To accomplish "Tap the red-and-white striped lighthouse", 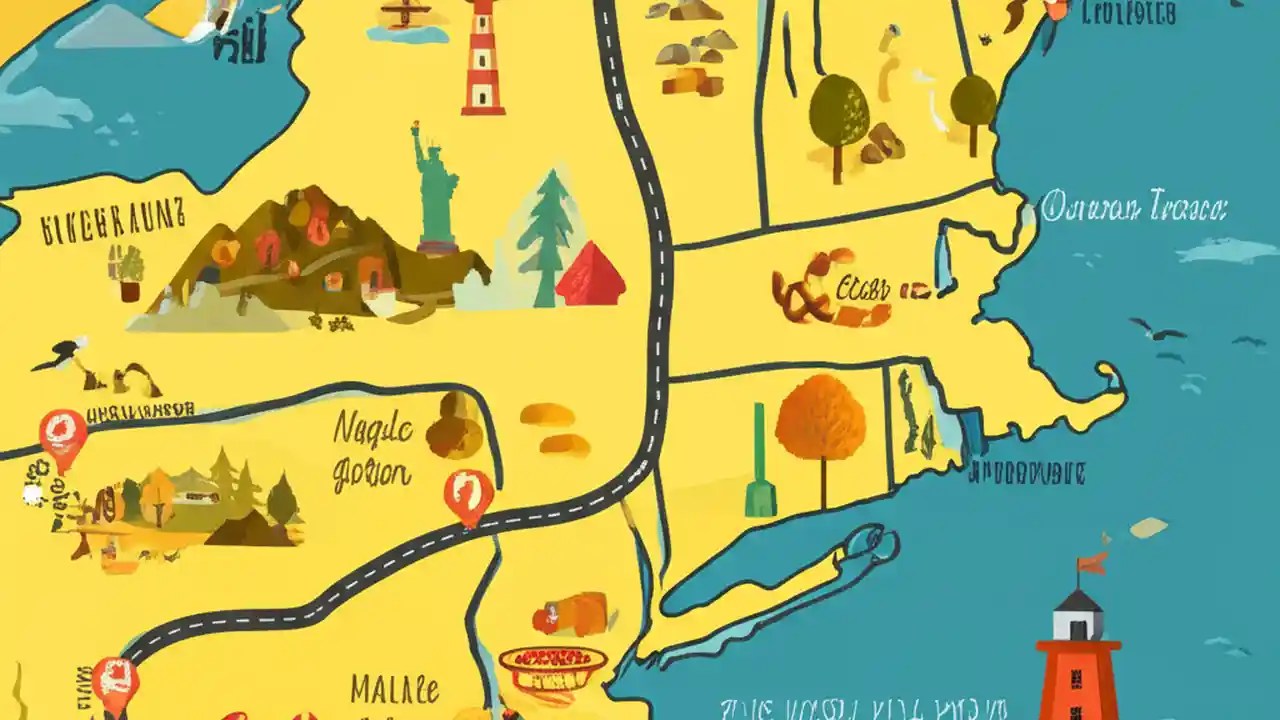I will pos(483,60).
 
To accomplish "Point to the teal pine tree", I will pos(545,235).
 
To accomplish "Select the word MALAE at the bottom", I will pos(394,690).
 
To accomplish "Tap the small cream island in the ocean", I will pos(1148,527).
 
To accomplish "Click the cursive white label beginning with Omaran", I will pos(1133,209).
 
